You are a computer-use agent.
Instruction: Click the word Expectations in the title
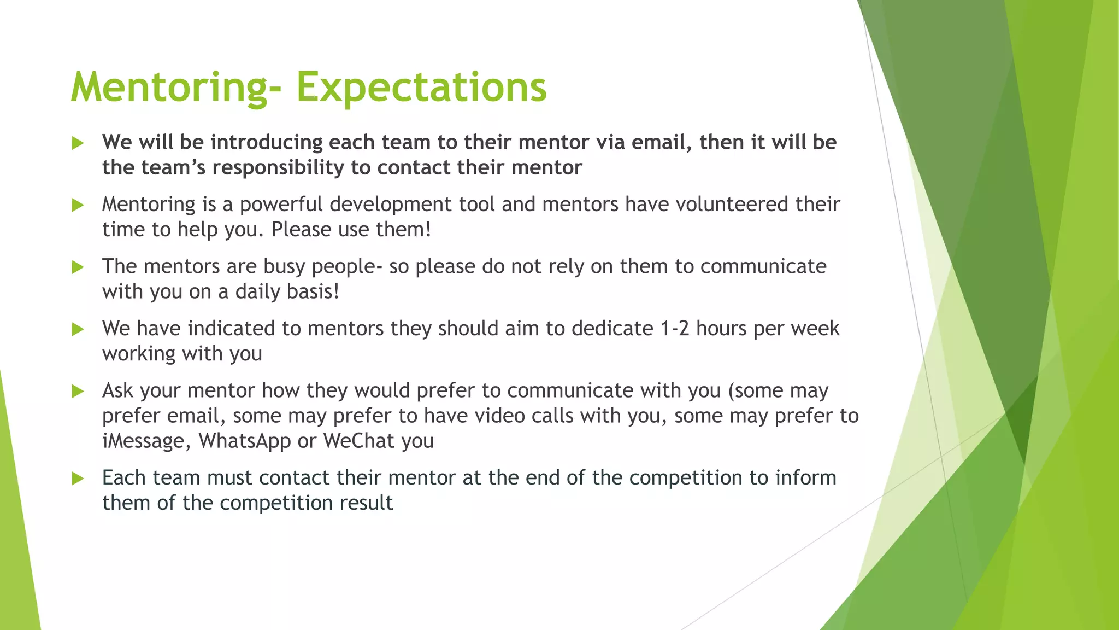[x=421, y=87]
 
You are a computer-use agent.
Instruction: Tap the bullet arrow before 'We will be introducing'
[x=78, y=143]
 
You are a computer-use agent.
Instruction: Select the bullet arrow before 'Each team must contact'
[x=78, y=479]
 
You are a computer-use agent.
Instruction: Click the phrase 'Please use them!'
[x=351, y=230]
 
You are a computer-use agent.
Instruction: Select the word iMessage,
[x=146, y=441]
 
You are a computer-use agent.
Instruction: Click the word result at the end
[x=366, y=503]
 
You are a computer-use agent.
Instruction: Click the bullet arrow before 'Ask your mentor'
[x=78, y=392]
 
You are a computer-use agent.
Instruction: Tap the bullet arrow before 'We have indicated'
[x=78, y=329]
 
